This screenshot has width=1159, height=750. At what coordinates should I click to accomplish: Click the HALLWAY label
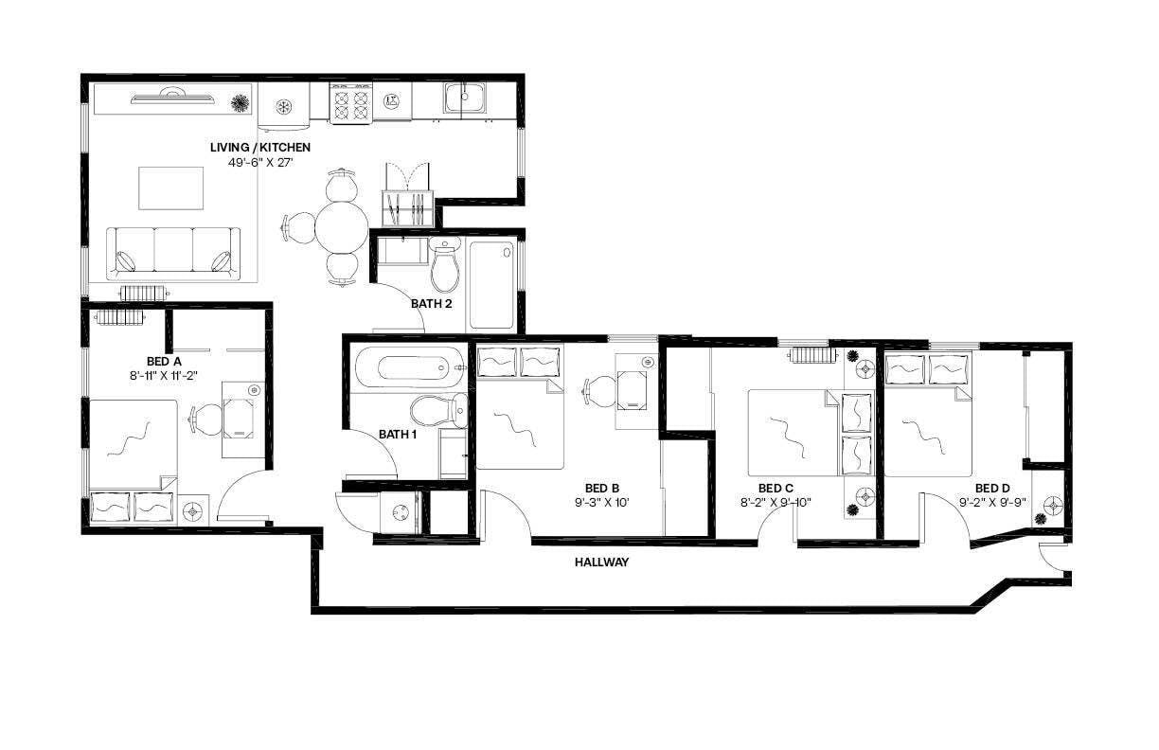point(601,562)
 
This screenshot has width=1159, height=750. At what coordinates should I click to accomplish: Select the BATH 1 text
point(397,435)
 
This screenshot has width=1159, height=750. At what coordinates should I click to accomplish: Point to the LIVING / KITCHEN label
point(259,148)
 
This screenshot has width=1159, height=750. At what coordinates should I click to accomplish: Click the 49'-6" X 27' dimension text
point(262,163)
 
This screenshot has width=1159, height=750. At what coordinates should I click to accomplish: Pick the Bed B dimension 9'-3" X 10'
point(601,503)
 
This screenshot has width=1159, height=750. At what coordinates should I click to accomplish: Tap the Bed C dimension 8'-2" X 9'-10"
point(776,503)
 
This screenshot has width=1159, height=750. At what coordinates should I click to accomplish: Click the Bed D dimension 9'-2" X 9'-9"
point(992,503)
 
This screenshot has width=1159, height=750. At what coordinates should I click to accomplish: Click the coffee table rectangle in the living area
point(171,187)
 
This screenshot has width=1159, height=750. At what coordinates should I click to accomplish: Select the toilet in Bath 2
point(444,265)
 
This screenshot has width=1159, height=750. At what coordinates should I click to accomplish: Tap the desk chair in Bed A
point(205,418)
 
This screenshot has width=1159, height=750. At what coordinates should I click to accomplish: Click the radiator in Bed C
point(811,356)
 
